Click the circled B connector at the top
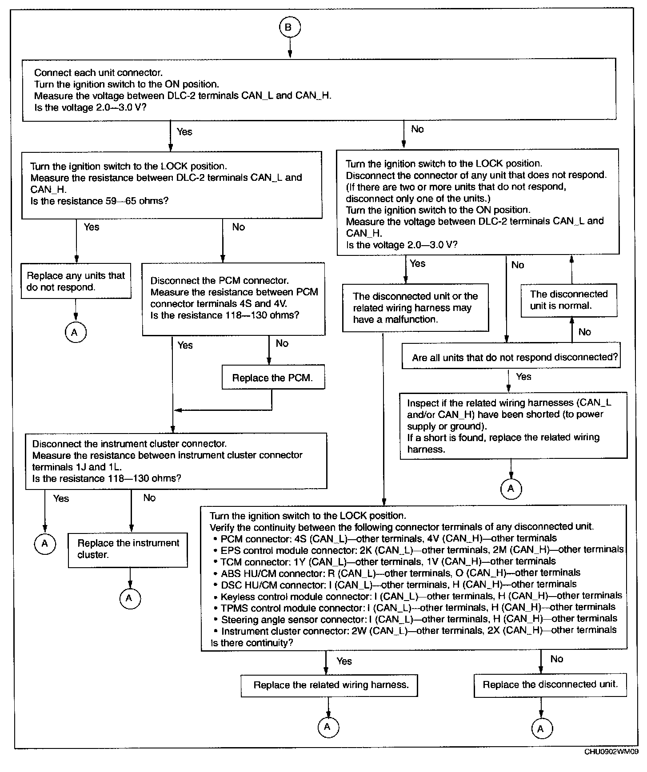coord(290,28)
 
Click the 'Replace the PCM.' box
coord(273,378)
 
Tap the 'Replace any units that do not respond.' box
coord(76,281)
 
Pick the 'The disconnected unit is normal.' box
coord(569,300)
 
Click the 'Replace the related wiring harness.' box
coord(329,685)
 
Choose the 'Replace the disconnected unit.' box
coord(550,684)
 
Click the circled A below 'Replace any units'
coord(75,332)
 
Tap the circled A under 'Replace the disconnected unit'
coord(540,728)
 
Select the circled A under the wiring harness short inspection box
coord(511,489)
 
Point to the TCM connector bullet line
coord(387,561)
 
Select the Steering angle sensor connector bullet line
coord(419,619)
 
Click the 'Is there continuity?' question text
coord(252,643)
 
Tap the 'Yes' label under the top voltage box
coord(184,131)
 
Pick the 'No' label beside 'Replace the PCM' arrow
coord(282,343)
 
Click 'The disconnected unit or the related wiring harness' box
coord(415,308)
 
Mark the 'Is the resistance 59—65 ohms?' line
coord(100,201)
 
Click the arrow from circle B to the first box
coord(290,48)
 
